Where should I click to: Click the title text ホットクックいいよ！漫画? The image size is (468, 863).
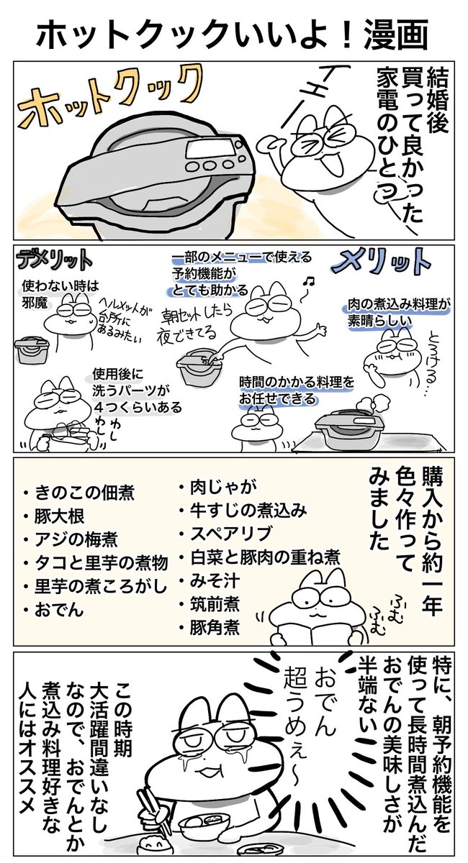tap(233, 35)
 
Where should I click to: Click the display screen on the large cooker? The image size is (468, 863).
tap(211, 147)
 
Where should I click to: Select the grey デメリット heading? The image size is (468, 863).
tap(55, 260)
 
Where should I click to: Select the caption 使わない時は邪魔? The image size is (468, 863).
tap(60, 294)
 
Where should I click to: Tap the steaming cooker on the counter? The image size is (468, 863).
tap(350, 428)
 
